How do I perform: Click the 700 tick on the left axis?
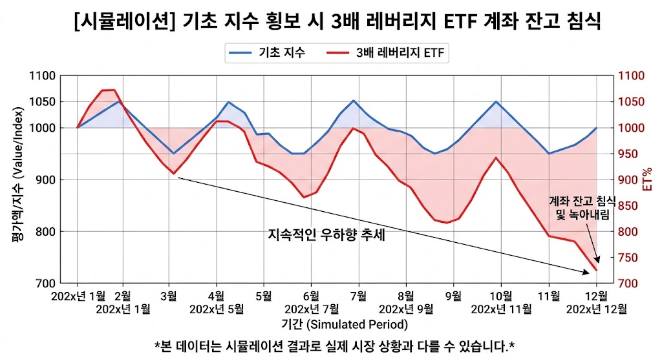coord(47,284)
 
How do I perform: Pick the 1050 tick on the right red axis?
coord(632,102)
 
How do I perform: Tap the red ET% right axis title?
coord(648,180)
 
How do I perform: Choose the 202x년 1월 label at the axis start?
coord(80,296)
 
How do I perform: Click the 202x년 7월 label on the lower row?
coord(311,309)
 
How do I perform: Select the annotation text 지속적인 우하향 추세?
coord(326,235)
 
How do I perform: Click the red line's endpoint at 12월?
coord(595,271)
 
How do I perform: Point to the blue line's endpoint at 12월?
coord(595,128)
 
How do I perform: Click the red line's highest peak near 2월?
coord(109,90)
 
